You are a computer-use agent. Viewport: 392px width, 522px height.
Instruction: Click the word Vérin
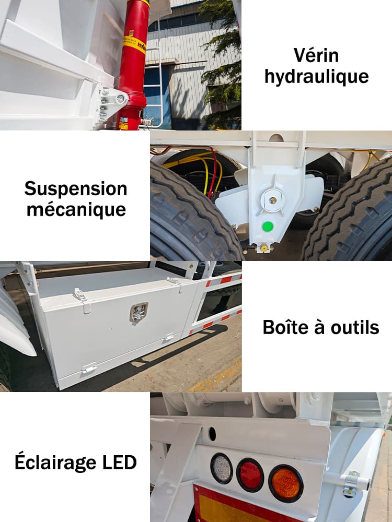(x=316, y=55)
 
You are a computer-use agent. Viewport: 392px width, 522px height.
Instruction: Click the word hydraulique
(x=316, y=77)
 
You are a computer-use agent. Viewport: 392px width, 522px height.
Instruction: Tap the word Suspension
(x=75, y=188)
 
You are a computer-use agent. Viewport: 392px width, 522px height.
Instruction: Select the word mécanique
(x=76, y=209)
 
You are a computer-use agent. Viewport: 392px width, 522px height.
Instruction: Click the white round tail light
(x=222, y=468)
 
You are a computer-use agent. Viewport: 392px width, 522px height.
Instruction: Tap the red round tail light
(x=250, y=474)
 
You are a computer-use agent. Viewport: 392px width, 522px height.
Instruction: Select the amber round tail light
(x=285, y=483)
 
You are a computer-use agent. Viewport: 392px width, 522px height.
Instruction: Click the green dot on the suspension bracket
(x=268, y=227)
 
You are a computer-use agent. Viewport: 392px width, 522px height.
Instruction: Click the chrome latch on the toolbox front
(x=139, y=312)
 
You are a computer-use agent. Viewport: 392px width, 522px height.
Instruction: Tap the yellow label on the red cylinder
(x=134, y=44)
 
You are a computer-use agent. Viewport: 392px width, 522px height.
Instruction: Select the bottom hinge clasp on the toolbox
(x=88, y=369)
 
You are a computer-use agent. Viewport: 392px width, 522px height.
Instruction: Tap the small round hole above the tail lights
(x=212, y=433)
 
